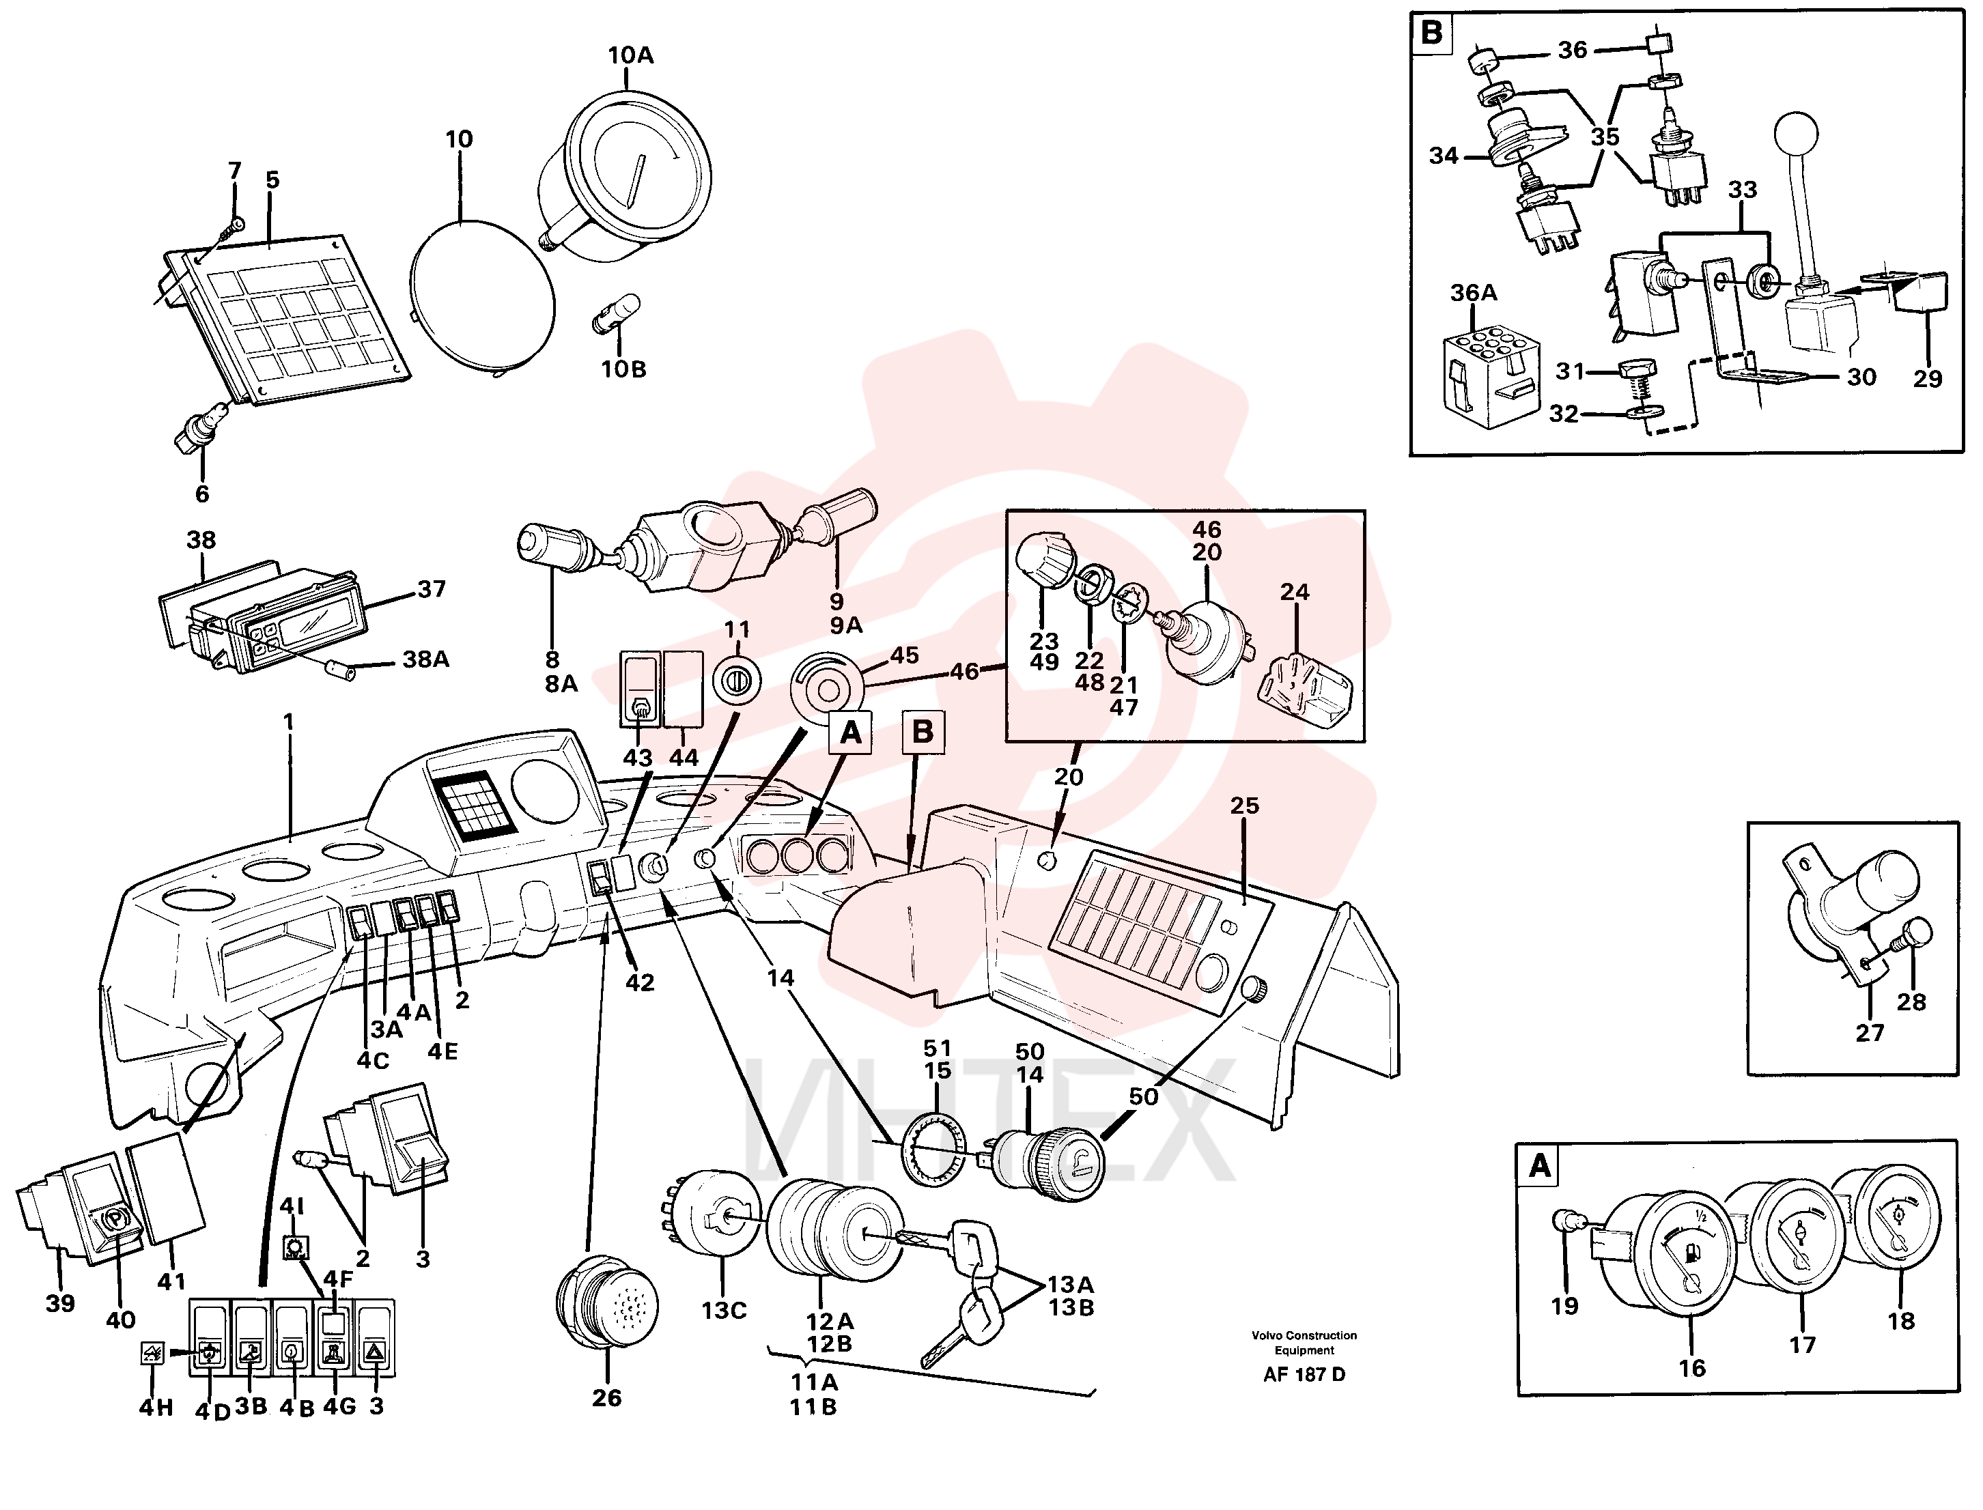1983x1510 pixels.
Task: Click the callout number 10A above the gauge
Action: click(x=630, y=56)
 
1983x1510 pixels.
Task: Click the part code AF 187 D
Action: click(x=1304, y=1374)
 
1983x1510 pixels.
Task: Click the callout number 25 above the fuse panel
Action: click(x=1244, y=806)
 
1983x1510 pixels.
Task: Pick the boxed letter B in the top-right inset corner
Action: click(x=1432, y=33)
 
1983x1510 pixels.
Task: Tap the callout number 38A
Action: click(x=426, y=659)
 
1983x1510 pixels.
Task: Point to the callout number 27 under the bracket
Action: click(x=1869, y=1033)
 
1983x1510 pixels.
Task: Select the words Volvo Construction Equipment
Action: click(x=1304, y=1343)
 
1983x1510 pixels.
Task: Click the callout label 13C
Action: click(x=724, y=1311)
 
